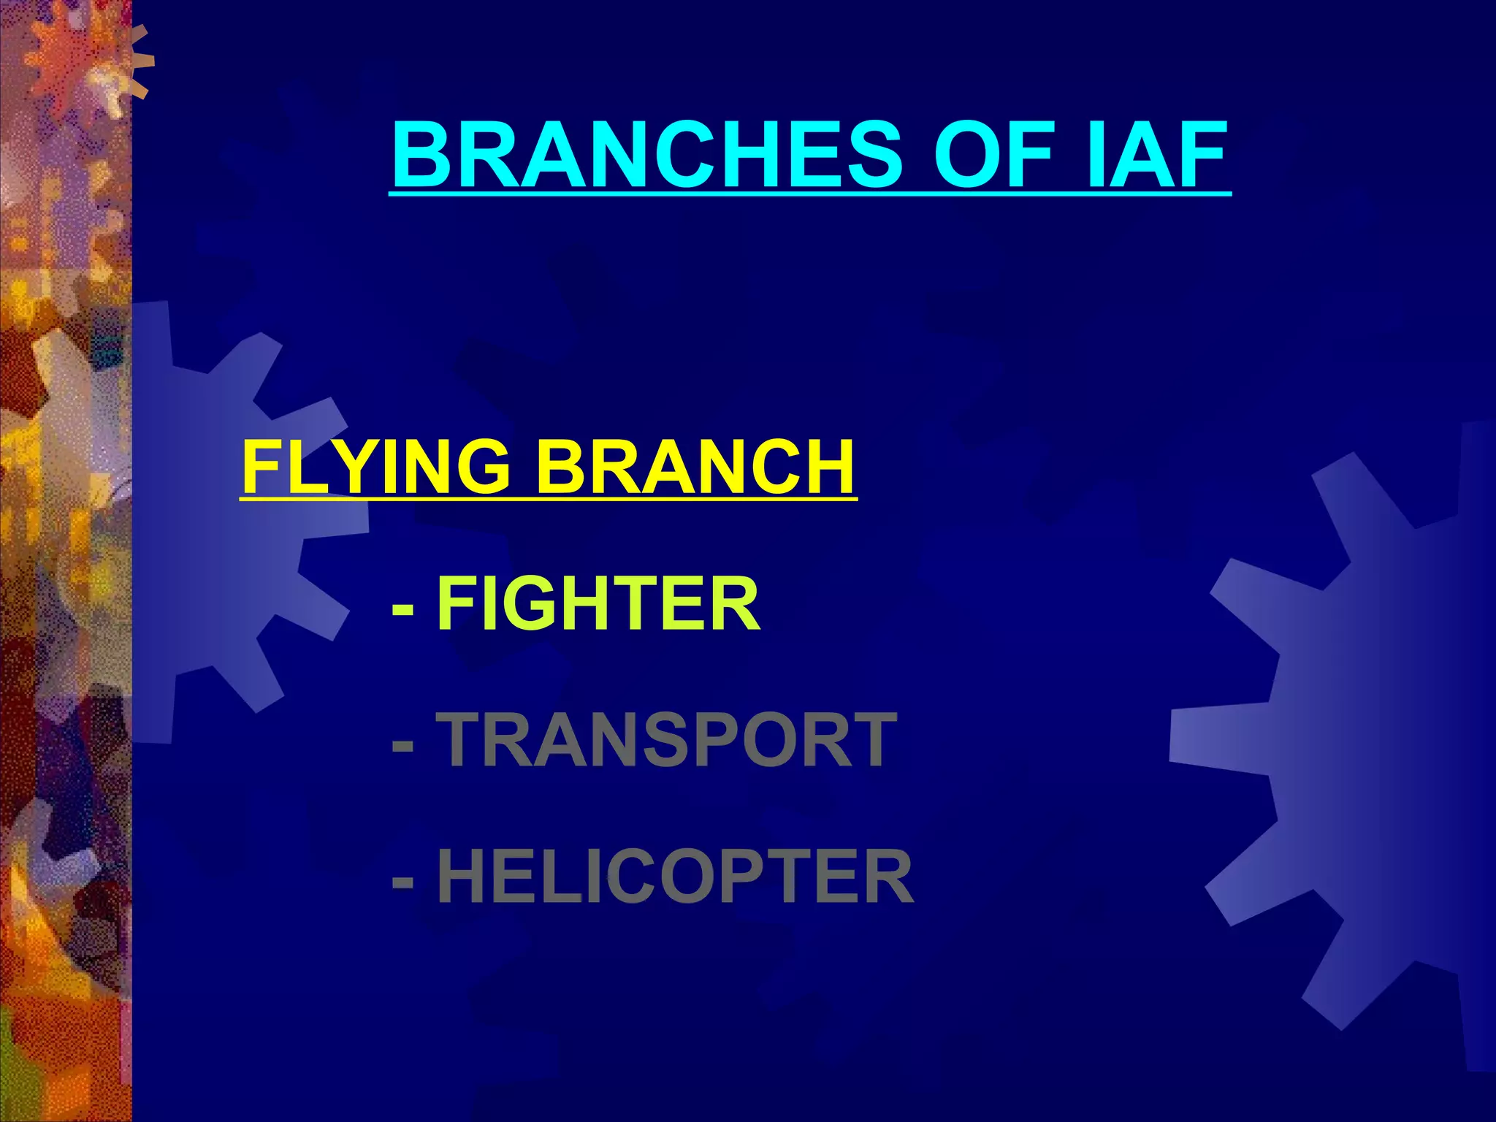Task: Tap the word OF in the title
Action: (996, 156)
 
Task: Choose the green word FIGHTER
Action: (599, 603)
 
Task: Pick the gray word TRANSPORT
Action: (667, 740)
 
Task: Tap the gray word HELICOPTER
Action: (675, 877)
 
